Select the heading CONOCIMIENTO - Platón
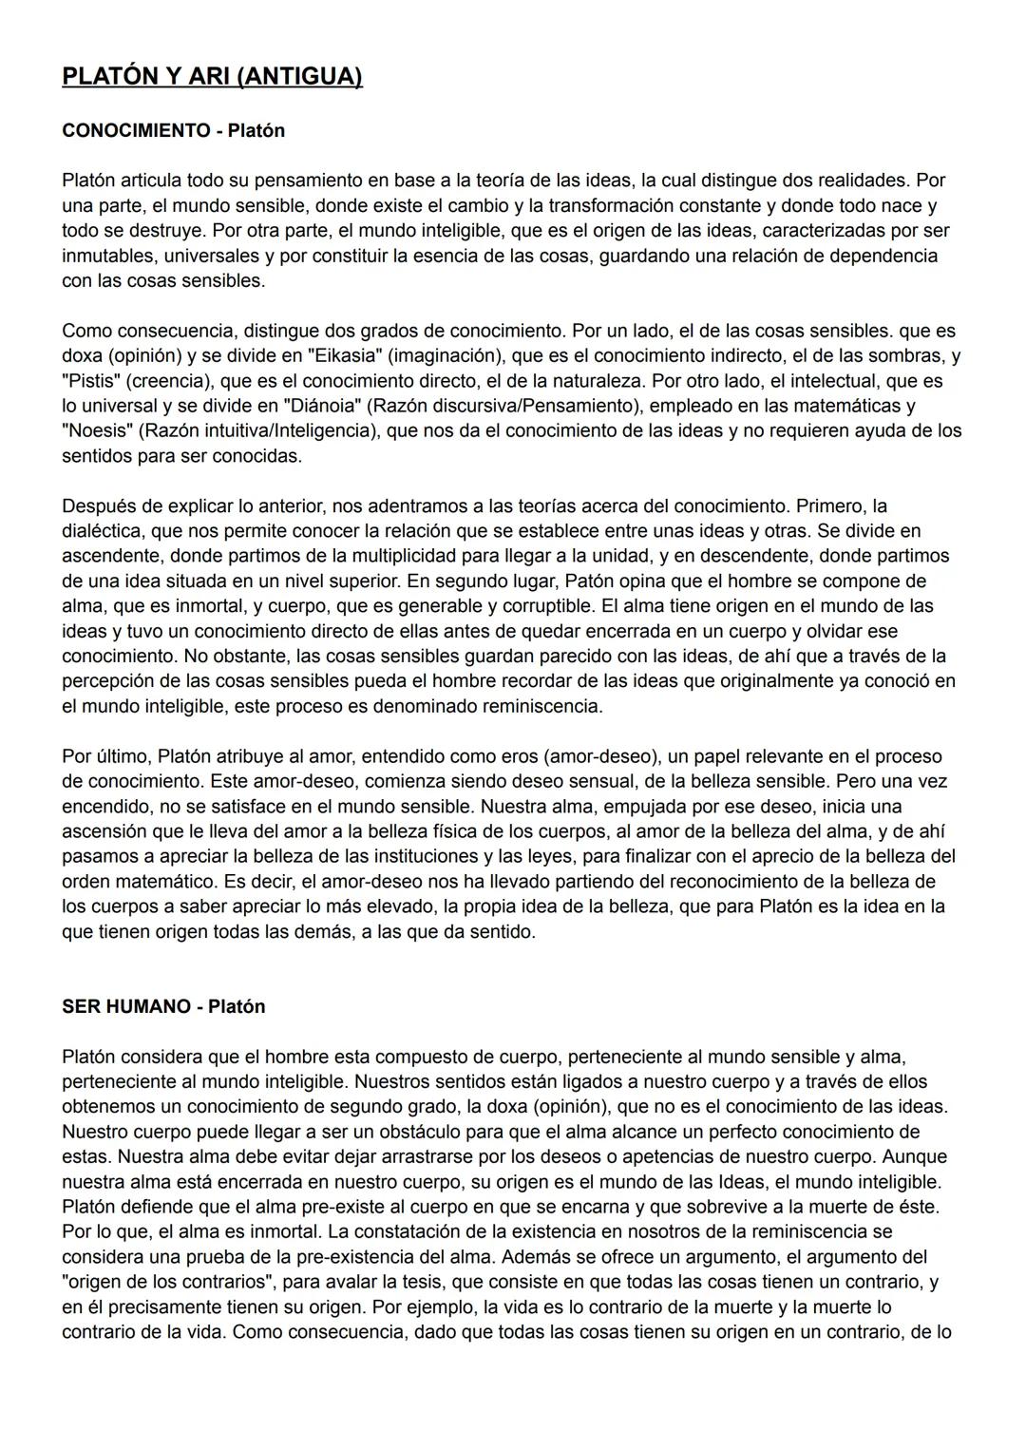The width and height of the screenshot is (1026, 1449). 173,130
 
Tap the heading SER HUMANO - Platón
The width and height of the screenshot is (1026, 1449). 163,1006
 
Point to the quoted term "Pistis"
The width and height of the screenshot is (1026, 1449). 92,381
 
